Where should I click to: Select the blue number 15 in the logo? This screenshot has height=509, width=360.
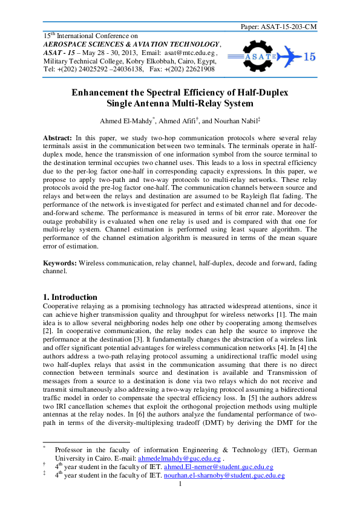click(309, 57)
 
